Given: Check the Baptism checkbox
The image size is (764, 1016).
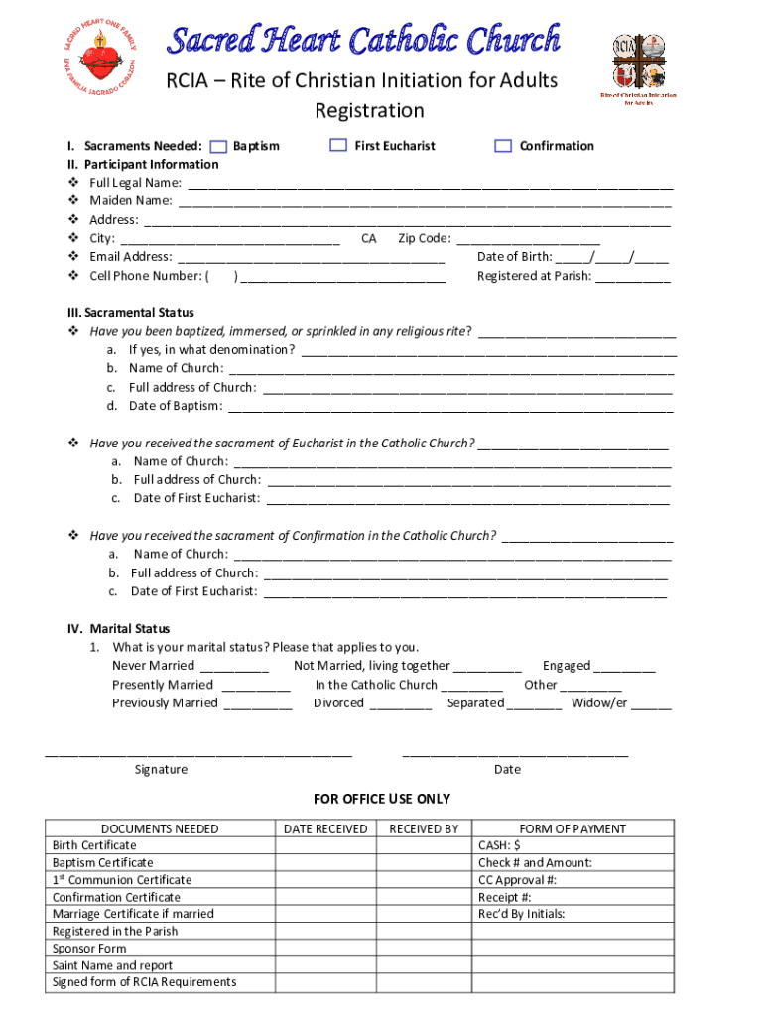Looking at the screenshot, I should click(x=219, y=146).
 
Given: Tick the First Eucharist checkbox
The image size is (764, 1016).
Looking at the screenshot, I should click(x=338, y=146).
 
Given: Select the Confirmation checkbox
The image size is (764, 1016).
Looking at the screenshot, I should click(x=503, y=146).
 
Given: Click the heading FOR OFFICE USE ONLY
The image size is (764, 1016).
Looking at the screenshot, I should click(x=382, y=799).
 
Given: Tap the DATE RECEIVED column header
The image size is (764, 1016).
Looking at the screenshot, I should click(x=325, y=828).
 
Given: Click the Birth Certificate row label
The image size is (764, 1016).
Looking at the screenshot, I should click(x=95, y=845).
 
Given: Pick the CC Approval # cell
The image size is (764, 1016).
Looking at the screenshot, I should click(x=572, y=880).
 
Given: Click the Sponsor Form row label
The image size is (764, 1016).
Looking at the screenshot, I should click(x=89, y=949).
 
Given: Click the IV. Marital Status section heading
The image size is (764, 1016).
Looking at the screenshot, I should click(x=118, y=629).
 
